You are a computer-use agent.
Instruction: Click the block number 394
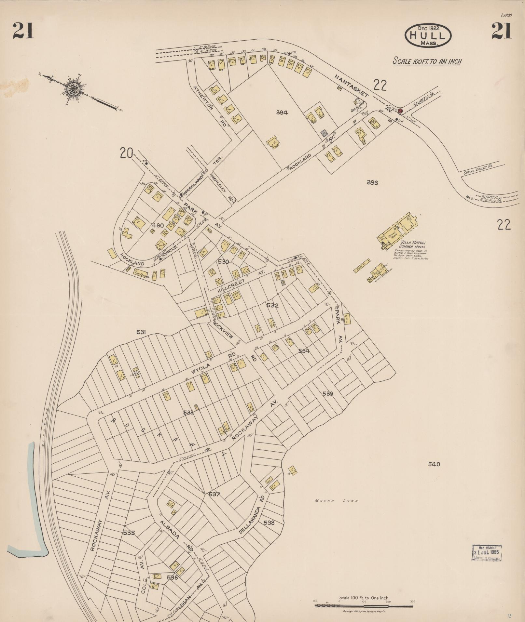[x=282, y=112]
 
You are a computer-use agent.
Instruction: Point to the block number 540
[x=434, y=464]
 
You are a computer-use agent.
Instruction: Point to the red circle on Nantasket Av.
[x=400, y=111]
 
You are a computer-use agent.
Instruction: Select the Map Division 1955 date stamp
[x=487, y=552]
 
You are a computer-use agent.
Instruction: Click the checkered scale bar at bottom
[x=364, y=605]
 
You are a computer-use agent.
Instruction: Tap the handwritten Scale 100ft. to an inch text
[x=427, y=61]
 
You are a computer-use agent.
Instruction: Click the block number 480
[x=158, y=225]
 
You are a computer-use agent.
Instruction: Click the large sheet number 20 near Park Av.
[x=126, y=152]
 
